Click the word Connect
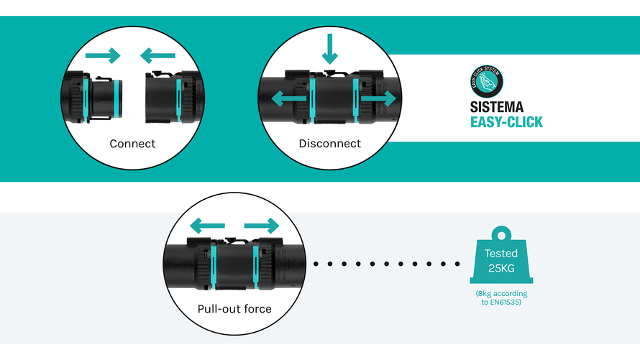click(132, 144)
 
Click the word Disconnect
click(329, 144)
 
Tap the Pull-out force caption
click(234, 310)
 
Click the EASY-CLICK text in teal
click(506, 122)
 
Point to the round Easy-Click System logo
click(486, 80)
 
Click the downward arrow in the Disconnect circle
click(329, 49)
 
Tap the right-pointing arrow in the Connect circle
click(103, 55)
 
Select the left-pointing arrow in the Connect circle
click(157, 55)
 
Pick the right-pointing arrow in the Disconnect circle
click(377, 98)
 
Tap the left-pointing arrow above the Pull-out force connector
click(206, 227)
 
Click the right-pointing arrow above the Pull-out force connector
click(261, 227)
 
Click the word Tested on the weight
click(500, 254)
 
